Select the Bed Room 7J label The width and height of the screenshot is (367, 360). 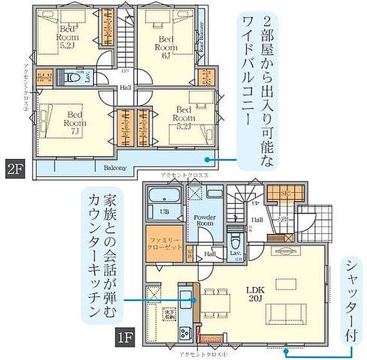(75, 119)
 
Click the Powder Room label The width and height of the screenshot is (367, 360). (205, 220)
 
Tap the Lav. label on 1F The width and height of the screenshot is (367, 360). (236, 254)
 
